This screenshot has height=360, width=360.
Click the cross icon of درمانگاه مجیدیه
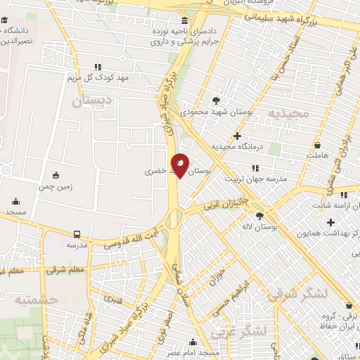point(237,136)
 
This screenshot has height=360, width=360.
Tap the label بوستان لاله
point(259,227)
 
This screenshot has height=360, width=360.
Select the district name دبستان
point(91,101)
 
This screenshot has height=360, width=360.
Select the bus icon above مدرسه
point(76,233)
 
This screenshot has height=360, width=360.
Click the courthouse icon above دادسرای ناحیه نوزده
point(184,20)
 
